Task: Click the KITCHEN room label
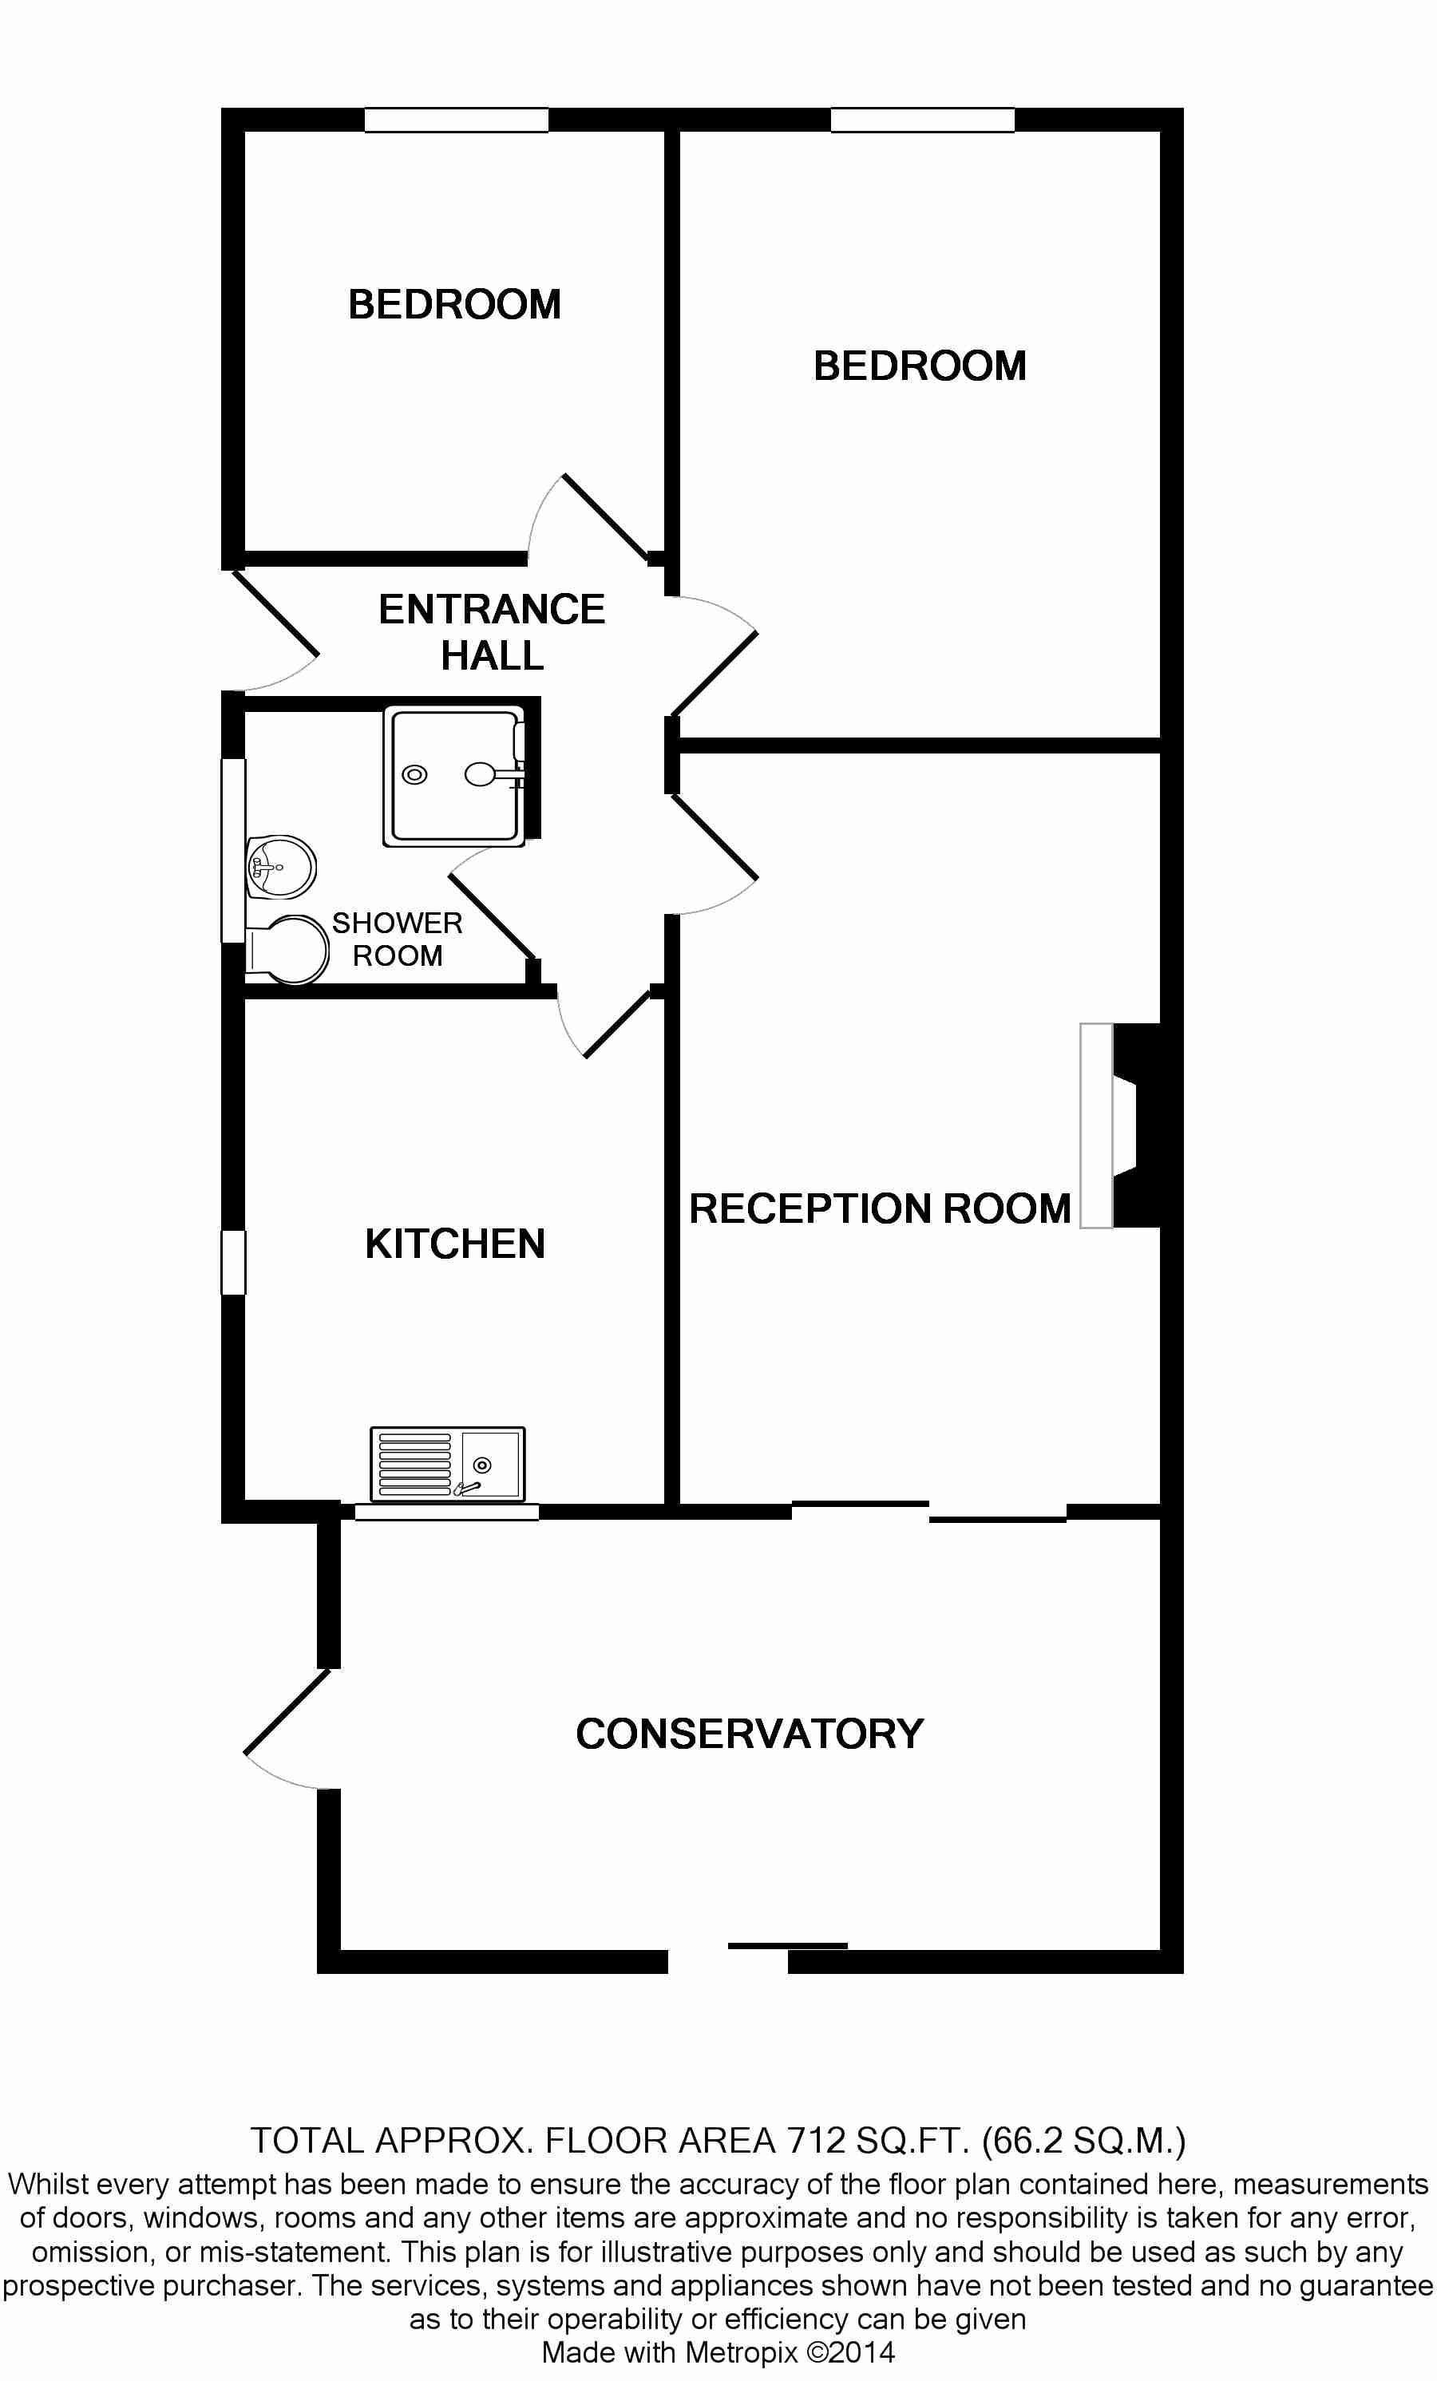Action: (x=455, y=1244)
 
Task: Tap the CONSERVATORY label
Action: (x=750, y=1734)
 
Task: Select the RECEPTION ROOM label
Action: (x=880, y=1209)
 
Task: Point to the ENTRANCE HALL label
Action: (x=492, y=632)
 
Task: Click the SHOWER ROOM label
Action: (x=398, y=939)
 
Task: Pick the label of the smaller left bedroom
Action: (x=454, y=304)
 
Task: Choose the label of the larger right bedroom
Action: (x=920, y=366)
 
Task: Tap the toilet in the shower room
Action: (x=287, y=950)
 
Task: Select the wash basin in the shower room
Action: (x=281, y=867)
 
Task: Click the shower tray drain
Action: (x=414, y=774)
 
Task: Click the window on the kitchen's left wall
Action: (x=234, y=1262)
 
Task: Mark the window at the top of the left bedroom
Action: (x=456, y=120)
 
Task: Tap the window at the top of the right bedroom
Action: (x=923, y=120)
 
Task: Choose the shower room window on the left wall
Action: (x=234, y=850)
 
